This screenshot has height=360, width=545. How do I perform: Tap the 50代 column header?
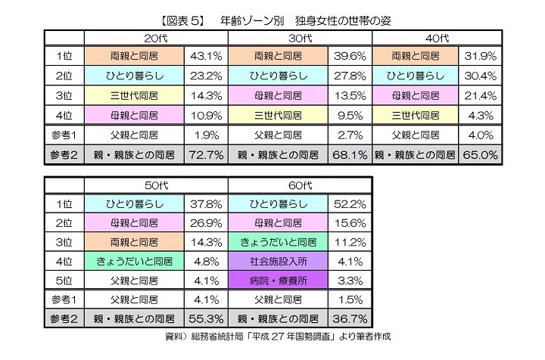pyautogui.click(x=156, y=186)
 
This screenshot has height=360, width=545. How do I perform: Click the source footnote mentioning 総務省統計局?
pyautogui.click(x=279, y=336)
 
